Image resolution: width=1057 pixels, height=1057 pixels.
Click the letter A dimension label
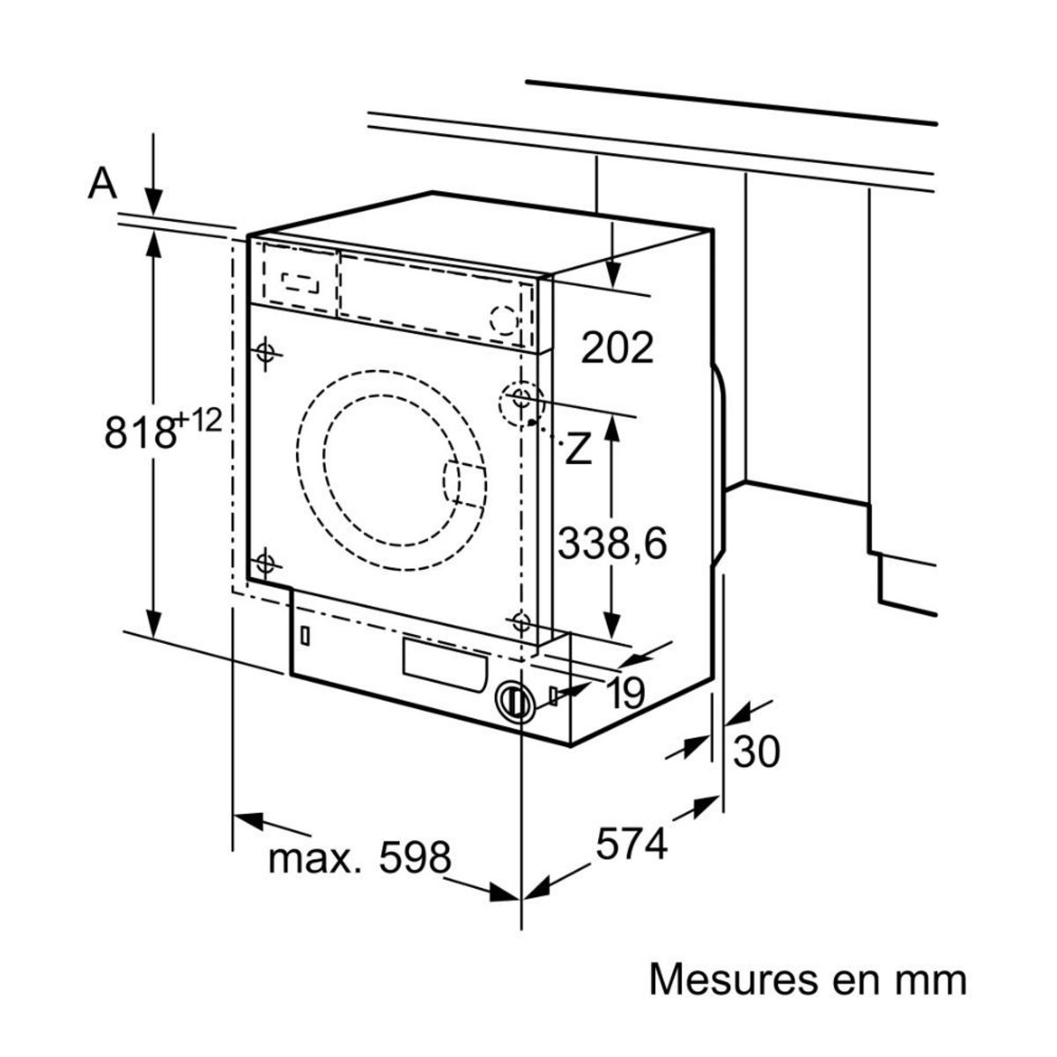[103, 183]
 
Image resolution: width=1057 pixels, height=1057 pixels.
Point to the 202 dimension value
[617, 348]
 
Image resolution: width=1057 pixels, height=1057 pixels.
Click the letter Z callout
[577, 449]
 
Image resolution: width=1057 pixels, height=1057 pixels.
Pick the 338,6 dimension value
[612, 543]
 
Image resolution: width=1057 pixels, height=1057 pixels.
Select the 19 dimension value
[626, 694]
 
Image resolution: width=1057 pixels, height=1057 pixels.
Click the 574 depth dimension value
[632, 845]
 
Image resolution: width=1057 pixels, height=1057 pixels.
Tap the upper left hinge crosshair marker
[266, 352]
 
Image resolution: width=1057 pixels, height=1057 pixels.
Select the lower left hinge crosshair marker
[266, 562]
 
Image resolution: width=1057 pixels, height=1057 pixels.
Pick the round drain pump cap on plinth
[514, 702]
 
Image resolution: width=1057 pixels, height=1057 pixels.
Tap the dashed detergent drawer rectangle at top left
[301, 281]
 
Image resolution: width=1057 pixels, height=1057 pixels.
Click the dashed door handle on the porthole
[464, 484]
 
